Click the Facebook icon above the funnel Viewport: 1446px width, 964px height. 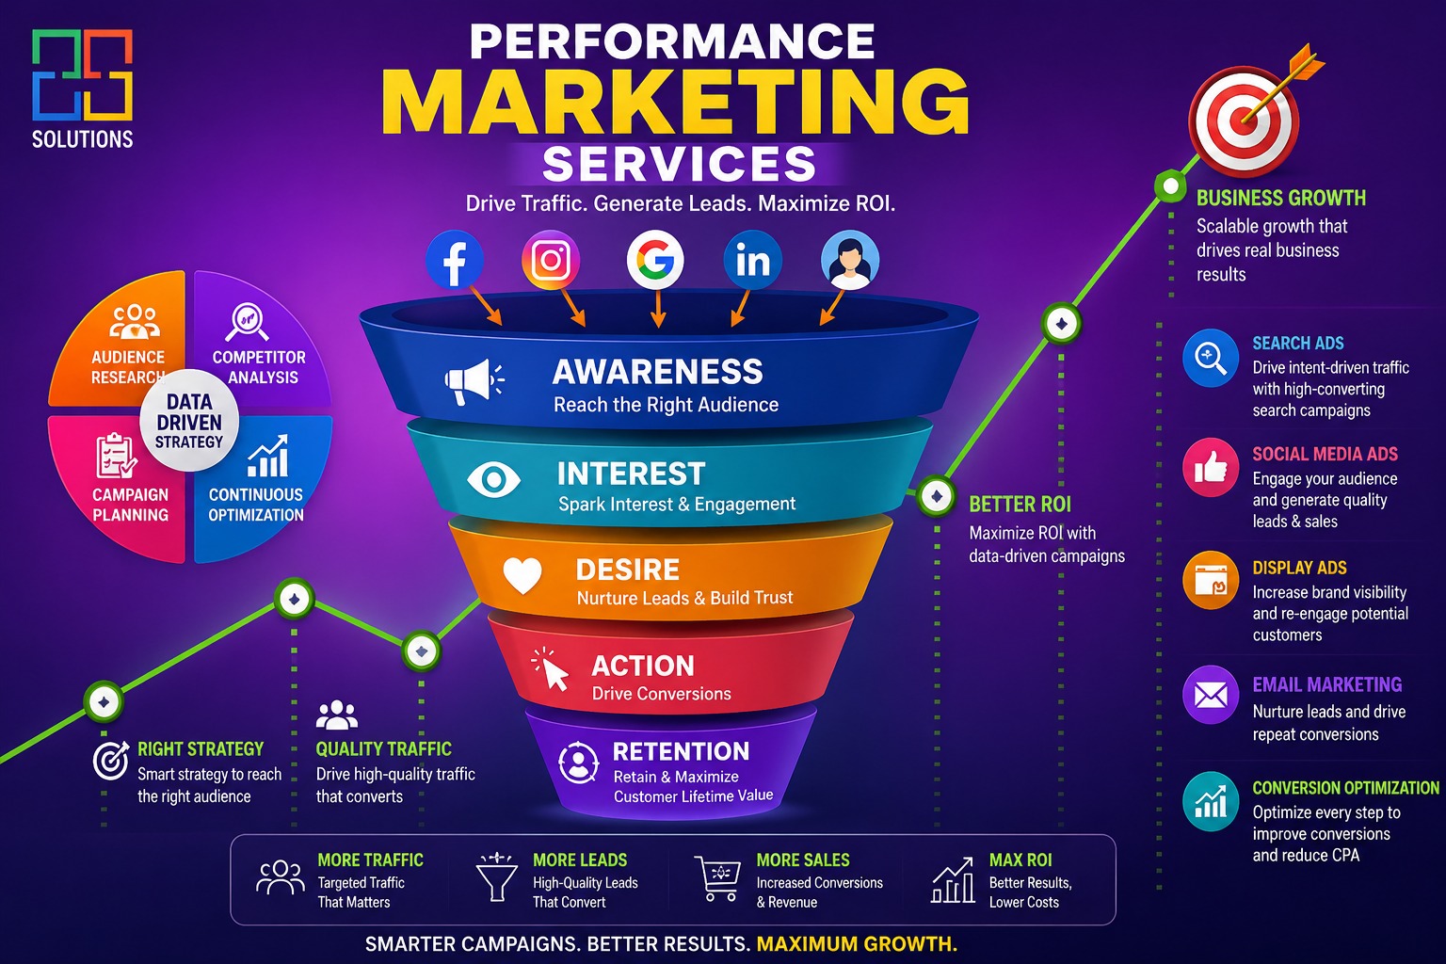pyautogui.click(x=455, y=260)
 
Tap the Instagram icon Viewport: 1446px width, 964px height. pyautogui.click(x=551, y=260)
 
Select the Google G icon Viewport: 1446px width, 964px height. pyautogui.click(x=655, y=260)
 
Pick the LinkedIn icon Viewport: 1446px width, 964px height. pyautogui.click(x=753, y=260)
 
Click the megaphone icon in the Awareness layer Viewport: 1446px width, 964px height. pyautogui.click(x=474, y=381)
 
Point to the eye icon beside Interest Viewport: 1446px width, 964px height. pyautogui.click(x=494, y=479)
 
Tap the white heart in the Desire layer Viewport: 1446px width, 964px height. pyautogui.click(x=522, y=574)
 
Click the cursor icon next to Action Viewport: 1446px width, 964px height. pyautogui.click(x=550, y=669)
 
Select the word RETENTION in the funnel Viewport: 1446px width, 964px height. pyautogui.click(x=681, y=751)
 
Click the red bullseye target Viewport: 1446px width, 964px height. pyautogui.click(x=1244, y=121)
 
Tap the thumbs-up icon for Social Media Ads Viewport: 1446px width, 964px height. pyautogui.click(x=1211, y=468)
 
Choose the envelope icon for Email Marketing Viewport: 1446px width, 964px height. pyautogui.click(x=1211, y=695)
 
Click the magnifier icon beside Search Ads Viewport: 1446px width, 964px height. pyautogui.click(x=1211, y=358)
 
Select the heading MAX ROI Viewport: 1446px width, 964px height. pyautogui.click(x=1020, y=860)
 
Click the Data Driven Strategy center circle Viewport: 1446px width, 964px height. pyautogui.click(x=189, y=421)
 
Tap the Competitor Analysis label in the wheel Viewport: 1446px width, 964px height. pyautogui.click(x=260, y=367)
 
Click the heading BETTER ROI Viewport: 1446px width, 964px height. pyautogui.click(x=1020, y=505)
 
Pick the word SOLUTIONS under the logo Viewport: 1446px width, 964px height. pyautogui.click(x=83, y=139)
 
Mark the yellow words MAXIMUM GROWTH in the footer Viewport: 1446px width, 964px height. pyautogui.click(x=857, y=944)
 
